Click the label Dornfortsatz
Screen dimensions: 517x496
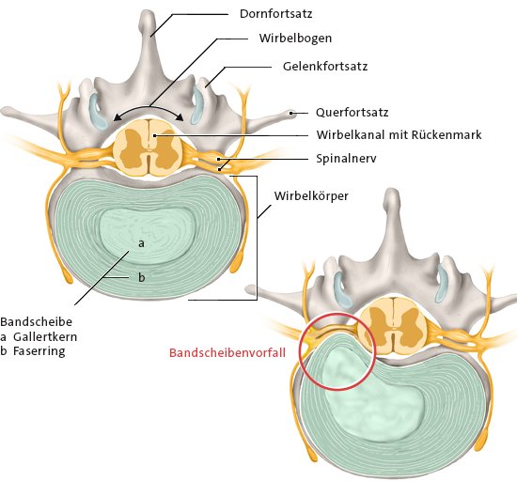pos(275,14)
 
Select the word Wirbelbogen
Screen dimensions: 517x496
pos(295,39)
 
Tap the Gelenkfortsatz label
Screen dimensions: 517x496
pos(325,67)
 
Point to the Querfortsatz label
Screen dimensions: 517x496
pos(352,113)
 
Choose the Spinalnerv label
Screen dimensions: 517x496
pos(346,159)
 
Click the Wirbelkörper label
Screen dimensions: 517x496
pos(311,196)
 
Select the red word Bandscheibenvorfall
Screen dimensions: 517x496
pos(227,352)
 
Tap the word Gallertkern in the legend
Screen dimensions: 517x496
pos(45,337)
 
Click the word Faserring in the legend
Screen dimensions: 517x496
pos(39,351)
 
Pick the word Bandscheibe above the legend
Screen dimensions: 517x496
pos(37,321)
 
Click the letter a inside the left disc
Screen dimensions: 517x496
pos(141,243)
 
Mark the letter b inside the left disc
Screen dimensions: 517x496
pos(141,278)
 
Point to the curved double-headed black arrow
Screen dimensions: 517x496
pos(149,107)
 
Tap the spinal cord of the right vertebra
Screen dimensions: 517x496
pos(393,325)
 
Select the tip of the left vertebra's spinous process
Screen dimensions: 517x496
pos(147,12)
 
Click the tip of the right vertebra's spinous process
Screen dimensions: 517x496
pos(392,190)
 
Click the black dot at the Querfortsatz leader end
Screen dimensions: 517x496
pos(291,113)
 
